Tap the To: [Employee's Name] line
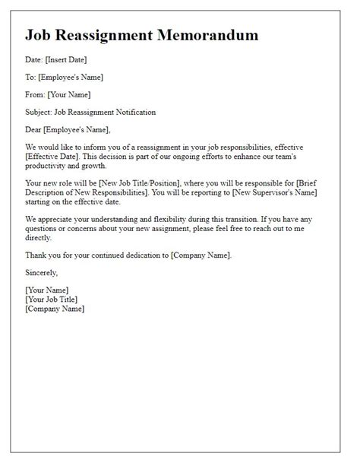64,77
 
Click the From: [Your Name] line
58,94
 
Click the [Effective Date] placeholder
54,156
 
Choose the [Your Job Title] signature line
52,300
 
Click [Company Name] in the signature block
55,309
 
